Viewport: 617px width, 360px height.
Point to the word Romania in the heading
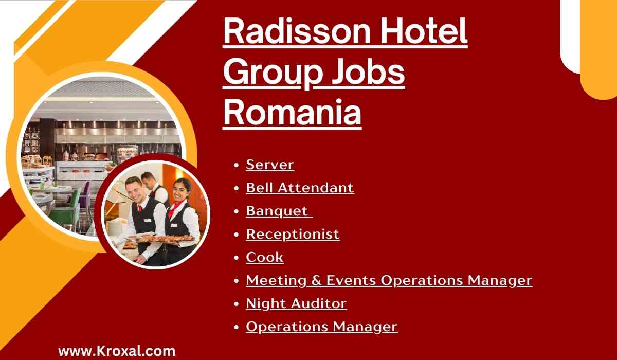tap(292, 113)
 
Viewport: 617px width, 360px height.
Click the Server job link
tap(270, 165)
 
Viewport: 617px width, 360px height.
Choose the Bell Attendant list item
tap(300, 188)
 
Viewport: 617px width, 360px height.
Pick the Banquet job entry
tap(277, 211)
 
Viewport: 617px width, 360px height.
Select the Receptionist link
tap(293, 235)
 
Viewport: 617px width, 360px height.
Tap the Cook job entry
tap(264, 257)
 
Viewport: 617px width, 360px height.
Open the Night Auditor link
tap(296, 303)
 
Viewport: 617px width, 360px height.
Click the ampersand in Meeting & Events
tap(316, 280)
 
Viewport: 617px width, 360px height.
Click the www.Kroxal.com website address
tap(117, 351)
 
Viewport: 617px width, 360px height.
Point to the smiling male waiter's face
tap(134, 189)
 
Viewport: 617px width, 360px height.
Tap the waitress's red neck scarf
tap(175, 209)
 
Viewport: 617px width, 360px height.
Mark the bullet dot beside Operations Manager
tap(236, 327)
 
